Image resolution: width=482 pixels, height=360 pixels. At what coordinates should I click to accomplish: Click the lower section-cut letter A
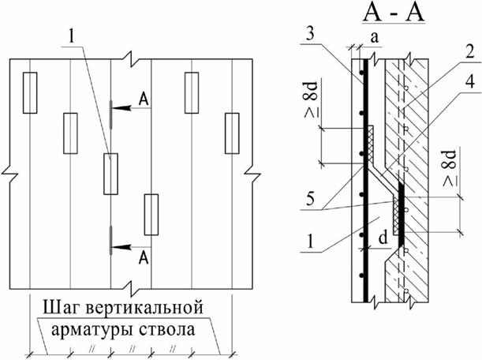pos(143,257)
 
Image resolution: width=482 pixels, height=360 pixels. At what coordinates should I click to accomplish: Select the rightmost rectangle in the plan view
pos(231,129)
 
